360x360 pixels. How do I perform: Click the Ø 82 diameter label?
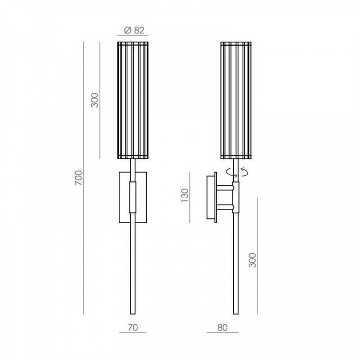[134, 30]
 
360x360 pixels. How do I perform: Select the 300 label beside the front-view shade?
[95, 100]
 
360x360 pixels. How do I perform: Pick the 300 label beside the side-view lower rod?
[253, 260]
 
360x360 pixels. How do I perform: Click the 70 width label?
[133, 327]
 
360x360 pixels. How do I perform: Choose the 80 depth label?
[222, 327]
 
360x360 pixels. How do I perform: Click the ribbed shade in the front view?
[132, 101]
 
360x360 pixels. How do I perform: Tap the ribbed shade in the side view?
[236, 101]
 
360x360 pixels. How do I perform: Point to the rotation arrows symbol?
[236, 172]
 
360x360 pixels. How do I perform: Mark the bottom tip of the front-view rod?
[133, 313]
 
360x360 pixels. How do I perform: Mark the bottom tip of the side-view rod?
[236, 313]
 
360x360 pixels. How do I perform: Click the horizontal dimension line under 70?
[133, 333]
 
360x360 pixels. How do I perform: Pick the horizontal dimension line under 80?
[222, 333]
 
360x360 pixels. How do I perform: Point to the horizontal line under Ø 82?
[133, 36]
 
